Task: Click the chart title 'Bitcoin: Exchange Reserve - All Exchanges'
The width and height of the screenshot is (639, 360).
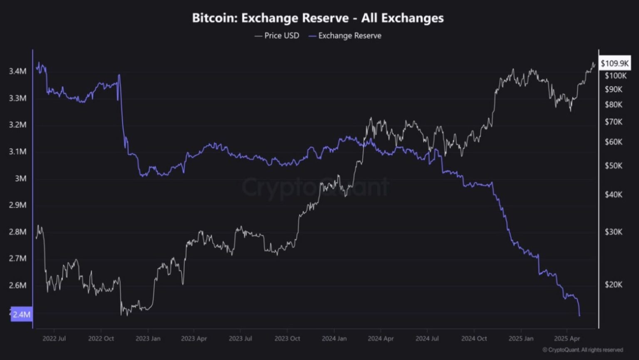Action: (318, 18)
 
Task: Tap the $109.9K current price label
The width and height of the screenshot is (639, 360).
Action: (614, 63)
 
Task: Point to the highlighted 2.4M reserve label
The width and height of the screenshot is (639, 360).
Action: (21, 314)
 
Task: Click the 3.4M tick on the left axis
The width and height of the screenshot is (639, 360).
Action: (17, 71)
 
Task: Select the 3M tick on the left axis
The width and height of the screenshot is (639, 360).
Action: (20, 179)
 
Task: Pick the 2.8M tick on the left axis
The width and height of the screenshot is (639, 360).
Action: (17, 232)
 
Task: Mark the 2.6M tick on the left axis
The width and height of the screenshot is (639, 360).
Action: (17, 286)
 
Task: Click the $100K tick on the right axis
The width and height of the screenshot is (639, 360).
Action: (616, 76)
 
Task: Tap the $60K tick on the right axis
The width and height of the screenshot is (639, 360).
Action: (614, 142)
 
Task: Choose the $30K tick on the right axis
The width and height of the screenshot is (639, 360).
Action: (614, 232)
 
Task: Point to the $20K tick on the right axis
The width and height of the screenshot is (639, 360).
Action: (614, 285)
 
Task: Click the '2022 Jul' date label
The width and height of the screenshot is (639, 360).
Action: (54, 338)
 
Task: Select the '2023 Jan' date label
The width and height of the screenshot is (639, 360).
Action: (148, 338)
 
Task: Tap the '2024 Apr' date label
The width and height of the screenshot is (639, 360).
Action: (380, 338)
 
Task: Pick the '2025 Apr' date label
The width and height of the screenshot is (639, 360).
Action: (567, 338)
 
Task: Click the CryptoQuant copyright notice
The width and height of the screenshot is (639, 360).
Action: (582, 350)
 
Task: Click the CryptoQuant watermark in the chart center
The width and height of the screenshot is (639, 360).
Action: (315, 187)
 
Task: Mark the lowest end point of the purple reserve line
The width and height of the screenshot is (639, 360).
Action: (579, 315)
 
